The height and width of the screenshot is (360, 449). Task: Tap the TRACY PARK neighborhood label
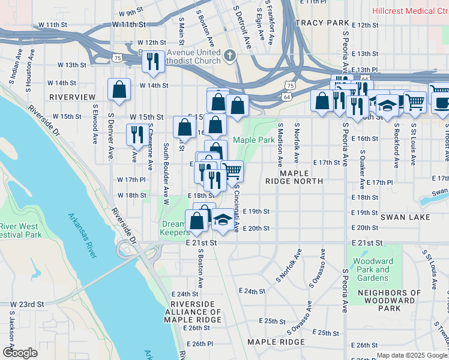coord(322,23)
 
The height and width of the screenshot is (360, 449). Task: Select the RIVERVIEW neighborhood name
coord(72,97)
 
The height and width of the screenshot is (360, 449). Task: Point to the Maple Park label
coord(254,140)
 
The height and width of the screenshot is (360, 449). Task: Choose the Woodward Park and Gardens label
coord(373,269)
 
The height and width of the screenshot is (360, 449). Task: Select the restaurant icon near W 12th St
coord(154,62)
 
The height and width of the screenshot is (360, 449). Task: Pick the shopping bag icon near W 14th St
coord(119,89)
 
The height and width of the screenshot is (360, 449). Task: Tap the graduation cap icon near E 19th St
coord(223,220)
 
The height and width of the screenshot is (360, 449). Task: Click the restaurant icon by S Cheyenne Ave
coord(137,134)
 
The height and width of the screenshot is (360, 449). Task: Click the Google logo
coord(20,353)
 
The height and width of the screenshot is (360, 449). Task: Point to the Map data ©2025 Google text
coord(412,355)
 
